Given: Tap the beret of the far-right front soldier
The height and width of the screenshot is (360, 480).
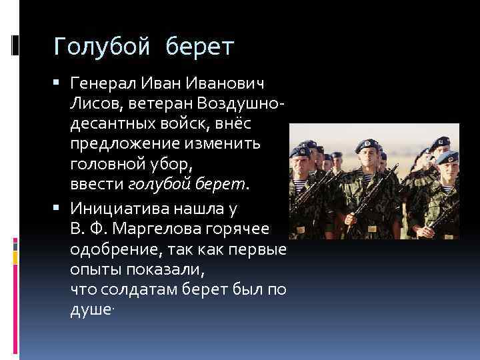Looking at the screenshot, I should pos(447,158).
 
